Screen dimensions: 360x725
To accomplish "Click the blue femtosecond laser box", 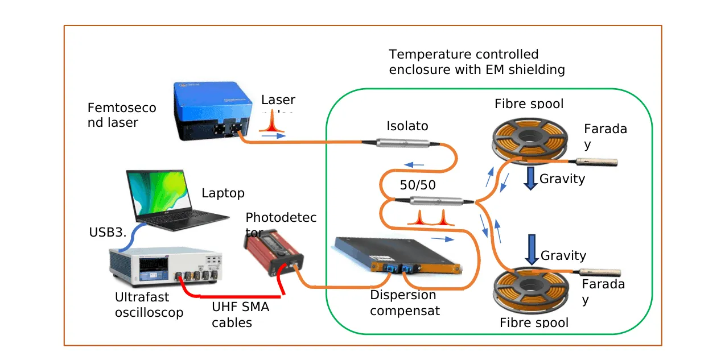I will click(211, 111).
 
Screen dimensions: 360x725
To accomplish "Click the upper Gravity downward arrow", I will click(530, 178).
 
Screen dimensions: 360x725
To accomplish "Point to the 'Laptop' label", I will click(223, 193).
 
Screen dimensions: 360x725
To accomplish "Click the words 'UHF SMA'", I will click(240, 308).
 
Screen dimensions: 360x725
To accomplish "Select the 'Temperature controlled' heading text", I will click(463, 55).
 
